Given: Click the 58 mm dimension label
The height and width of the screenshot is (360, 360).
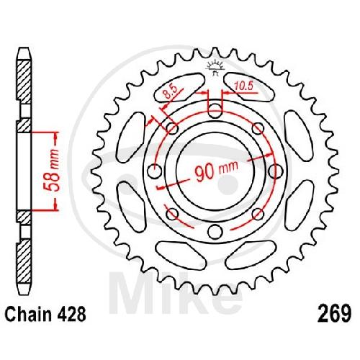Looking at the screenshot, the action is pos(52,170).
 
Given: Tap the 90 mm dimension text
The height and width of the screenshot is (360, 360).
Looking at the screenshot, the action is pos(216,171).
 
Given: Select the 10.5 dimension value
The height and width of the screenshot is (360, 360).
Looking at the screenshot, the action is pos(243,86).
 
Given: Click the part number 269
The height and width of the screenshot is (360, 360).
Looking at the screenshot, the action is pos(334,314).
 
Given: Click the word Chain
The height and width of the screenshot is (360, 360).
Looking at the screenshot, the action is pos(28,314).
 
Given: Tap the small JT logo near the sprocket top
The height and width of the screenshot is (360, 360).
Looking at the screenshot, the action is pos(215,68).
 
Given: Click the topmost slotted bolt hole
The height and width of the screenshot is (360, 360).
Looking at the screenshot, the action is pos(215,111).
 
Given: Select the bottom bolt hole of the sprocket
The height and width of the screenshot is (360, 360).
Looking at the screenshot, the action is pos(215,232).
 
